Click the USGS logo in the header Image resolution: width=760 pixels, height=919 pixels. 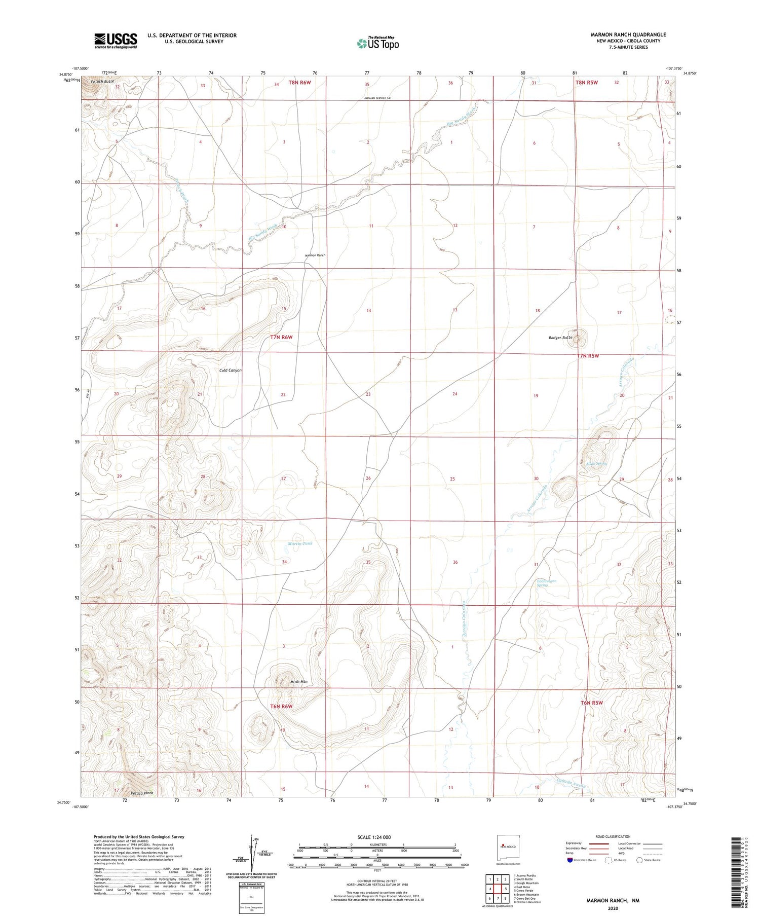pyautogui.click(x=116, y=41)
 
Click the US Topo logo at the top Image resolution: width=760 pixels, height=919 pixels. pyautogui.click(x=378, y=44)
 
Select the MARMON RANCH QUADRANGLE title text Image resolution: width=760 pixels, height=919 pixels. pyautogui.click(x=628, y=34)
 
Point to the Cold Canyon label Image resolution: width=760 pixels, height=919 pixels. pyautogui.click(x=230, y=371)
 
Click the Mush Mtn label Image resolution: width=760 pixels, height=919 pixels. pyautogui.click(x=298, y=682)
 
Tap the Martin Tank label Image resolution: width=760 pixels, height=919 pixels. pyautogui.click(x=300, y=543)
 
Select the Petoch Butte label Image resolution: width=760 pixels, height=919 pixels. pyautogui.click(x=102, y=81)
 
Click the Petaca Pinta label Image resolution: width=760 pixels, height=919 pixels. pyautogui.click(x=141, y=793)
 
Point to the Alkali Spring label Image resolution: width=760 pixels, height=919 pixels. pyautogui.click(x=596, y=463)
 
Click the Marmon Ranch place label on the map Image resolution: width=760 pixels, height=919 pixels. pyautogui.click(x=315, y=255)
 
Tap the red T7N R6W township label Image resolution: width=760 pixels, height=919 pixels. pyautogui.click(x=281, y=337)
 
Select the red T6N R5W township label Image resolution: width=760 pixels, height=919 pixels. pyautogui.click(x=591, y=703)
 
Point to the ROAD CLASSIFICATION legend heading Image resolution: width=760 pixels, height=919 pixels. pyautogui.click(x=613, y=836)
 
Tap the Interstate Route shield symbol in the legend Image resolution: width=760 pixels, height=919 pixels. pyautogui.click(x=571, y=860)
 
